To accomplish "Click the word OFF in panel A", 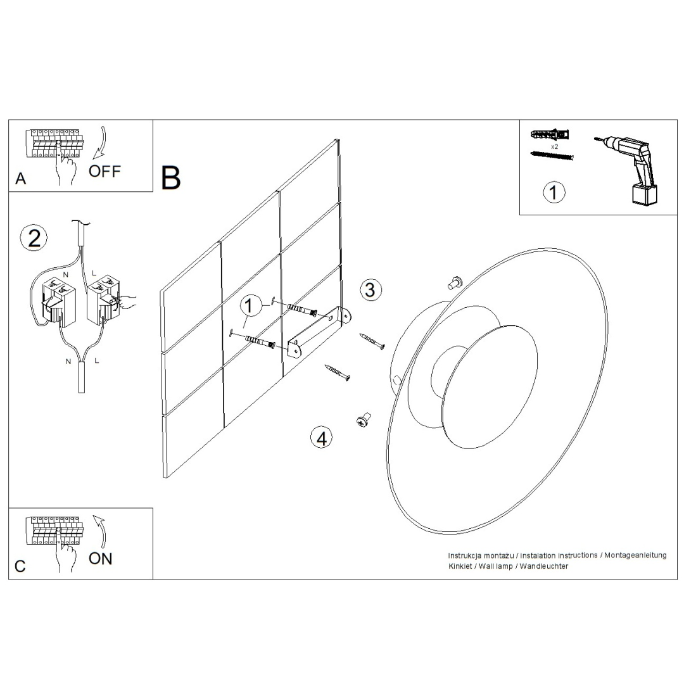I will click(x=104, y=171).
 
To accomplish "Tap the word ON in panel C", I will click(x=101, y=559).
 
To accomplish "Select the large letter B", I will click(x=171, y=178).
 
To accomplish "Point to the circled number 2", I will click(x=34, y=237).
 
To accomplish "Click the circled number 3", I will click(x=370, y=289).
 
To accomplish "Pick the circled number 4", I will click(x=322, y=438).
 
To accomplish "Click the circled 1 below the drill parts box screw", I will click(x=554, y=192).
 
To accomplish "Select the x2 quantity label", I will click(x=554, y=146).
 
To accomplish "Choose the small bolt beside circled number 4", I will click(x=363, y=419).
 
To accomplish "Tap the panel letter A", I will click(x=21, y=179).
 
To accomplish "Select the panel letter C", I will click(x=20, y=566).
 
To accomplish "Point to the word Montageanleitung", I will click(x=636, y=555).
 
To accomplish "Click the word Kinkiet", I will click(x=460, y=566).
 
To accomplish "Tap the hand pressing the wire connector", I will click(x=129, y=302).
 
